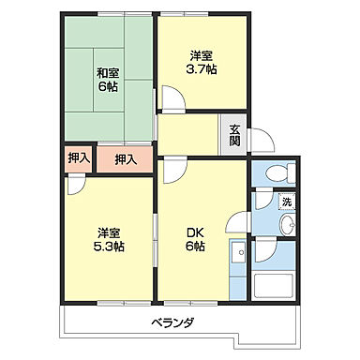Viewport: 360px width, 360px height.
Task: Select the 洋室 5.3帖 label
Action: [108, 239]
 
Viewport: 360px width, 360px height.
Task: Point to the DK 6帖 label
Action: [195, 239]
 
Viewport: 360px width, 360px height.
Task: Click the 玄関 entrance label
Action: [234, 136]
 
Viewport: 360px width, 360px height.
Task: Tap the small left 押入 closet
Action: [79, 158]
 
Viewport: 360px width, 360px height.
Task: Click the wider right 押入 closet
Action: [126, 159]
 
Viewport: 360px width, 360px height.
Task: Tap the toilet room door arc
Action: [260, 200]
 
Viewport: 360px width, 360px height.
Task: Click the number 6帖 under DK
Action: [195, 247]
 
